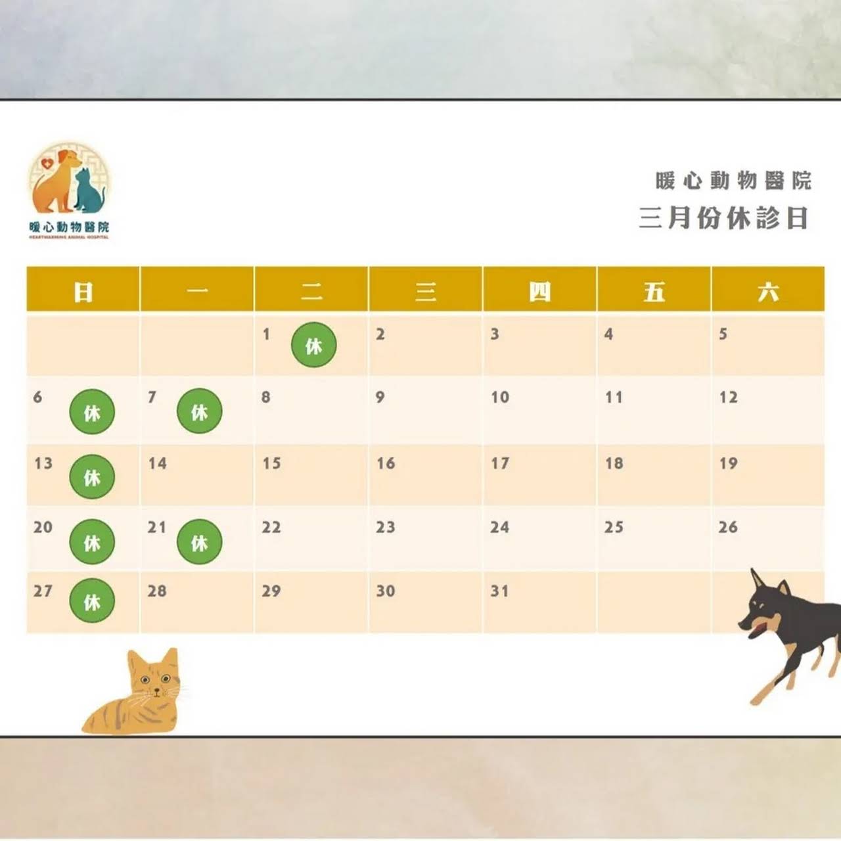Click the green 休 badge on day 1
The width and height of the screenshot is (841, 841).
coord(314,345)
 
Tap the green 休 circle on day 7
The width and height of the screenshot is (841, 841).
coord(199,412)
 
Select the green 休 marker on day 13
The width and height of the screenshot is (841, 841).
coord(92,477)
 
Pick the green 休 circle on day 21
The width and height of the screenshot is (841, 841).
coord(199,542)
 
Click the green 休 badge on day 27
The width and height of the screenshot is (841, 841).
coord(92,601)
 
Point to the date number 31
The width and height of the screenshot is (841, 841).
coord(499,591)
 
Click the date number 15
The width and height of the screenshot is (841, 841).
coord(271,464)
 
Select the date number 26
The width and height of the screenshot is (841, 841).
coord(728,528)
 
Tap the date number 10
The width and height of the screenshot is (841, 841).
coord(500,398)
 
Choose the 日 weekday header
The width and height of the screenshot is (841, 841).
coord(83,291)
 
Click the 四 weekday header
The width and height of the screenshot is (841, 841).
coord(539,291)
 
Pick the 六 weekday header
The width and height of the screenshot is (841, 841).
coord(767,291)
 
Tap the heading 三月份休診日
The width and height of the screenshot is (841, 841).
coord(723,218)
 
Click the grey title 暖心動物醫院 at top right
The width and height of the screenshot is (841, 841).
coord(733,180)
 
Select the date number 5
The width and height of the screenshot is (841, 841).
coord(723,334)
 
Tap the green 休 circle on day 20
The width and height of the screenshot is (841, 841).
coord(92,542)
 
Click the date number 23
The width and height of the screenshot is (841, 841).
coord(386,528)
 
